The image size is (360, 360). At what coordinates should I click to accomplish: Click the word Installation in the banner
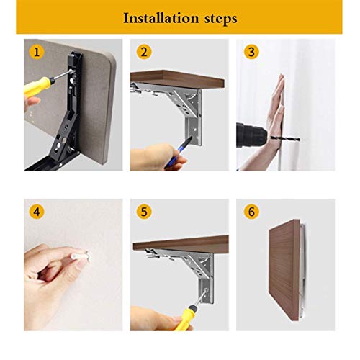[x=161, y=18]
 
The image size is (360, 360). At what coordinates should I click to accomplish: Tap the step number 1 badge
[x=37, y=52]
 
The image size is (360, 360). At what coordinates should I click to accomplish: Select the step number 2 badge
[x=144, y=52]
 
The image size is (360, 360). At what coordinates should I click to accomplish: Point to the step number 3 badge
[x=251, y=52]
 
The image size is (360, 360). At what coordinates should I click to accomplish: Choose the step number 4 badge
[x=37, y=212]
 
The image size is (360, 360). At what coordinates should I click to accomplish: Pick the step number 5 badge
[x=144, y=212]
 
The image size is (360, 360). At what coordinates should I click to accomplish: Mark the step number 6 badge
[x=251, y=212]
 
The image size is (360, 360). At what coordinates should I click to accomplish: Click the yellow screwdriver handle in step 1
[x=37, y=86]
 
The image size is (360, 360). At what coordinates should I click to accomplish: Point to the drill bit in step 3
[x=285, y=138]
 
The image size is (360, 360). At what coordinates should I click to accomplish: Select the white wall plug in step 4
[x=81, y=255]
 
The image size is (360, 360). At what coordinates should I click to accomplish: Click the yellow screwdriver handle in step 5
[x=184, y=318]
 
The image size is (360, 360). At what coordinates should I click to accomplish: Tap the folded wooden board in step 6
[x=284, y=269]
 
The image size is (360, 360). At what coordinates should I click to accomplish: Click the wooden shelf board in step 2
[x=178, y=79]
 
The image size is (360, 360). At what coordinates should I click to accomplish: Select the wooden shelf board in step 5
[x=181, y=243]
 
